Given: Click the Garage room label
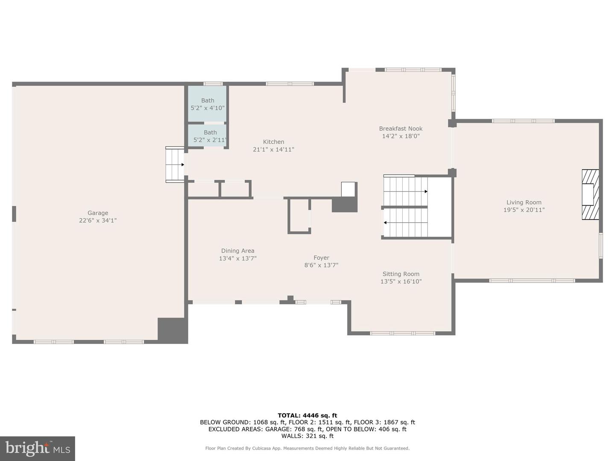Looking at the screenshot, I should tap(98, 213).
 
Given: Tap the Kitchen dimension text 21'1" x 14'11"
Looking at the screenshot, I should tap(273, 149).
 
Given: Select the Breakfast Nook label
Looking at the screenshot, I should tap(401, 128).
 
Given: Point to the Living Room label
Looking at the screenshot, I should tap(524, 202).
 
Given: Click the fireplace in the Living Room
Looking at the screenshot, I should tap(590, 195).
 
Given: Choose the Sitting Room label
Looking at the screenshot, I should tap(401, 274).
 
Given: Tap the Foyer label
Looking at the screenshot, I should tap(321, 258).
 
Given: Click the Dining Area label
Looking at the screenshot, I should tap(237, 251).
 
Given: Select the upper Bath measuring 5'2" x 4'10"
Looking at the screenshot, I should tap(208, 104).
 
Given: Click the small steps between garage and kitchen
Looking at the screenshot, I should tap(175, 165).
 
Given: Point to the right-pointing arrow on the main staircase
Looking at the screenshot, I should tap(426, 192).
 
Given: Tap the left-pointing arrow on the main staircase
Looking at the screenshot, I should tap(385, 222).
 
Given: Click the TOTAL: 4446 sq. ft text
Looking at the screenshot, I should tap(307, 415).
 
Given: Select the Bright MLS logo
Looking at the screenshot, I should tap(38, 448).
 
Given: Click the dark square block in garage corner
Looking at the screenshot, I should tap(173, 330).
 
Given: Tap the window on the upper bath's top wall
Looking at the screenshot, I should tap(213, 84).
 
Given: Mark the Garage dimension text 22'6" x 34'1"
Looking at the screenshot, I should tap(98, 221).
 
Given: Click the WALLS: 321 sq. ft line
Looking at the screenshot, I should tap(307, 436).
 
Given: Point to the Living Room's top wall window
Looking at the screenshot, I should tap(523, 121).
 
